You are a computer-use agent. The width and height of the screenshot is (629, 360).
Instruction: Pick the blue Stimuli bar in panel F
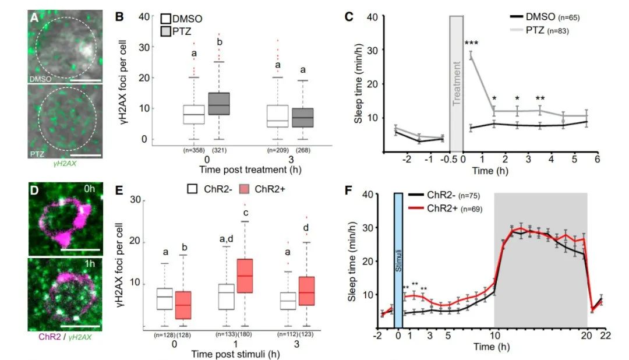pos(398,260)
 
